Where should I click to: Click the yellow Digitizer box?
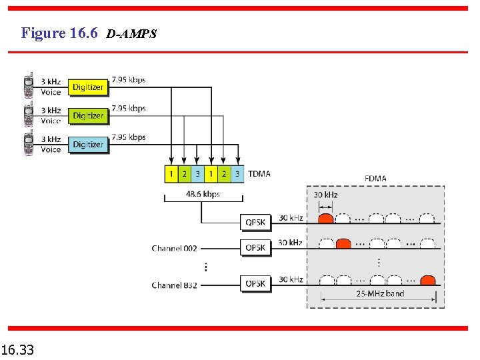[88, 87]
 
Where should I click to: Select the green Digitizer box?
[88, 115]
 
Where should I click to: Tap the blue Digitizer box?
[88, 144]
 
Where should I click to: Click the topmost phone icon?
[29, 86]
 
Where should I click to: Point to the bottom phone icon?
[29, 144]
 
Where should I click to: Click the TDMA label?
[259, 174]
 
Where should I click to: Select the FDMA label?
[375, 178]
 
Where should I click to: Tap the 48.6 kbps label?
[203, 194]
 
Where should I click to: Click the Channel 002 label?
[174, 248]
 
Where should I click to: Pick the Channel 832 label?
[174, 285]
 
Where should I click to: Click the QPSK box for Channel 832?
[255, 283]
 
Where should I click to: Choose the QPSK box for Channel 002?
[255, 247]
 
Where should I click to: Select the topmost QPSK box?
[255, 222]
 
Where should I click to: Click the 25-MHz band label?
[380, 293]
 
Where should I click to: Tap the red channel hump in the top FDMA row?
[325, 218]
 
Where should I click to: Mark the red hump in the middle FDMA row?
[343, 243]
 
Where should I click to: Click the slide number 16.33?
[18, 349]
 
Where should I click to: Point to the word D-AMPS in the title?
[131, 34]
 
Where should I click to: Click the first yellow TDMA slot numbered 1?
[171, 174]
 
